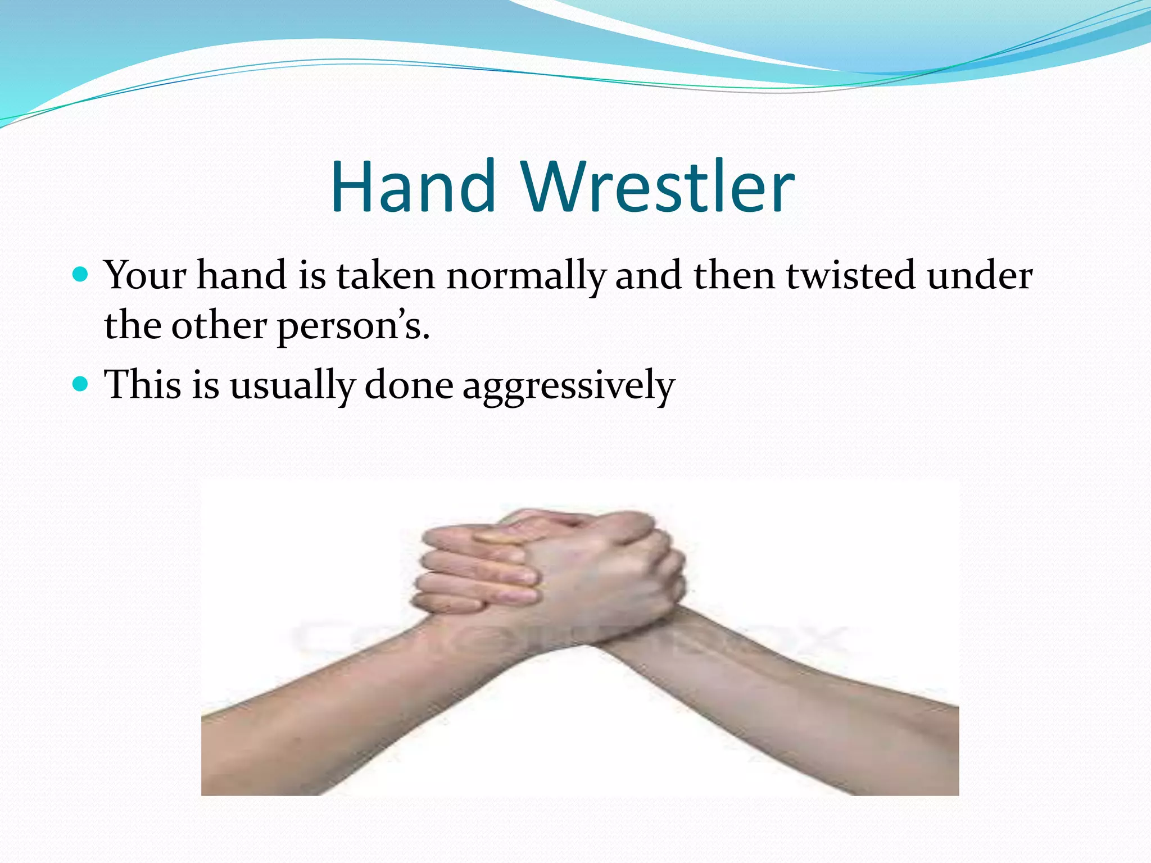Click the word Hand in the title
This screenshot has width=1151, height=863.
(414, 187)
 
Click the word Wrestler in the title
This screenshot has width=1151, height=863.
(658, 187)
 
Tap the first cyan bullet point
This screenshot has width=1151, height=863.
(81, 275)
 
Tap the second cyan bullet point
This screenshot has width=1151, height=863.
(81, 384)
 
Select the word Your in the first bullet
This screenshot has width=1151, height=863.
(146, 275)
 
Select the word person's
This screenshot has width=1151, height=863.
(354, 327)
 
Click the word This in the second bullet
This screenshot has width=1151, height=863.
(143, 385)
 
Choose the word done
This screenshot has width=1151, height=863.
(409, 385)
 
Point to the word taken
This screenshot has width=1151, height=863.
(386, 275)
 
